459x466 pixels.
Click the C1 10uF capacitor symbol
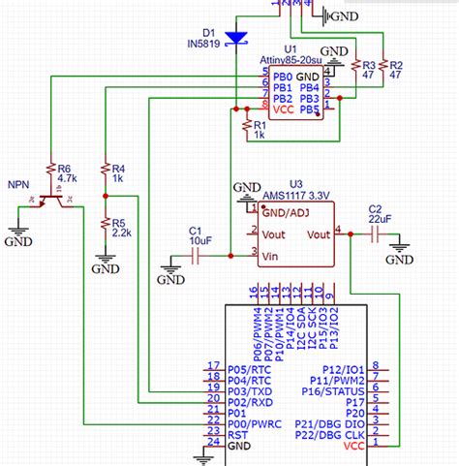[x=196, y=256]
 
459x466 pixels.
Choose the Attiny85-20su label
[x=291, y=61]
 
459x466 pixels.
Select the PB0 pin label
[x=283, y=77]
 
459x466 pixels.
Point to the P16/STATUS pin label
[x=336, y=391]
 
